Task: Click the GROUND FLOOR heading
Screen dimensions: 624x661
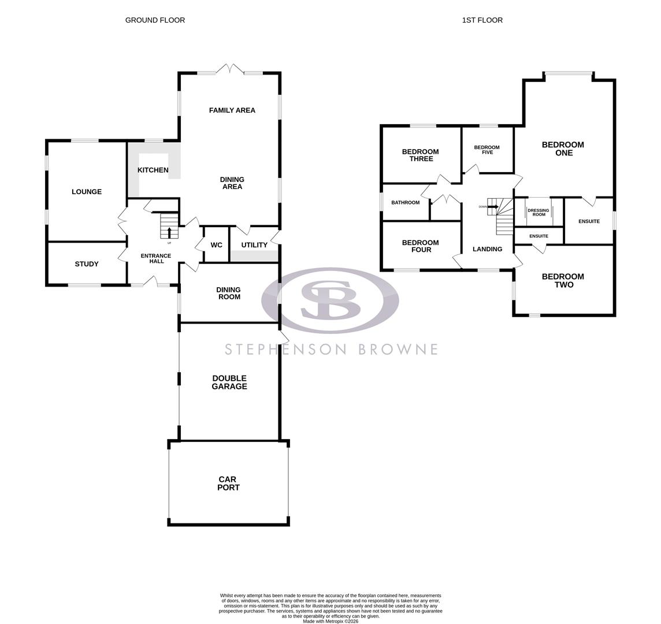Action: pyautogui.click(x=155, y=20)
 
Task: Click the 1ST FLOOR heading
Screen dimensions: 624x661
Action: pyautogui.click(x=482, y=20)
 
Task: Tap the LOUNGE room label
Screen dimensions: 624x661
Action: pyautogui.click(x=87, y=192)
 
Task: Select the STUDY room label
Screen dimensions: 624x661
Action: pyautogui.click(x=87, y=264)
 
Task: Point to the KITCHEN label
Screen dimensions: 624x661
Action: pyautogui.click(x=153, y=170)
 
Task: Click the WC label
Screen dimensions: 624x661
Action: pyautogui.click(x=217, y=245)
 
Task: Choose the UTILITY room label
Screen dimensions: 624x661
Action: pyautogui.click(x=254, y=245)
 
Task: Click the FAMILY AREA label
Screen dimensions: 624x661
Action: pyautogui.click(x=232, y=110)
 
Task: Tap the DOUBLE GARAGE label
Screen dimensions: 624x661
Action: pyautogui.click(x=229, y=382)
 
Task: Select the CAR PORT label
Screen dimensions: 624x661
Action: pyautogui.click(x=229, y=484)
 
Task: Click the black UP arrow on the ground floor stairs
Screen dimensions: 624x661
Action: pyautogui.click(x=169, y=232)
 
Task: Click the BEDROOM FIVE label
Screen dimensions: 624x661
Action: pyautogui.click(x=487, y=150)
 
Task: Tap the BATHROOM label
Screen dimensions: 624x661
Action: pyautogui.click(x=405, y=203)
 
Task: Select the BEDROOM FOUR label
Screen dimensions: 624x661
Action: pyautogui.click(x=420, y=246)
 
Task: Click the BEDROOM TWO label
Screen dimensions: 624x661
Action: pyautogui.click(x=563, y=281)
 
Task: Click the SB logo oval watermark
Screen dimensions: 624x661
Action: pyautogui.click(x=330, y=300)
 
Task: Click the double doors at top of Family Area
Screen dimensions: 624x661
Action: pyautogui.click(x=230, y=69)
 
